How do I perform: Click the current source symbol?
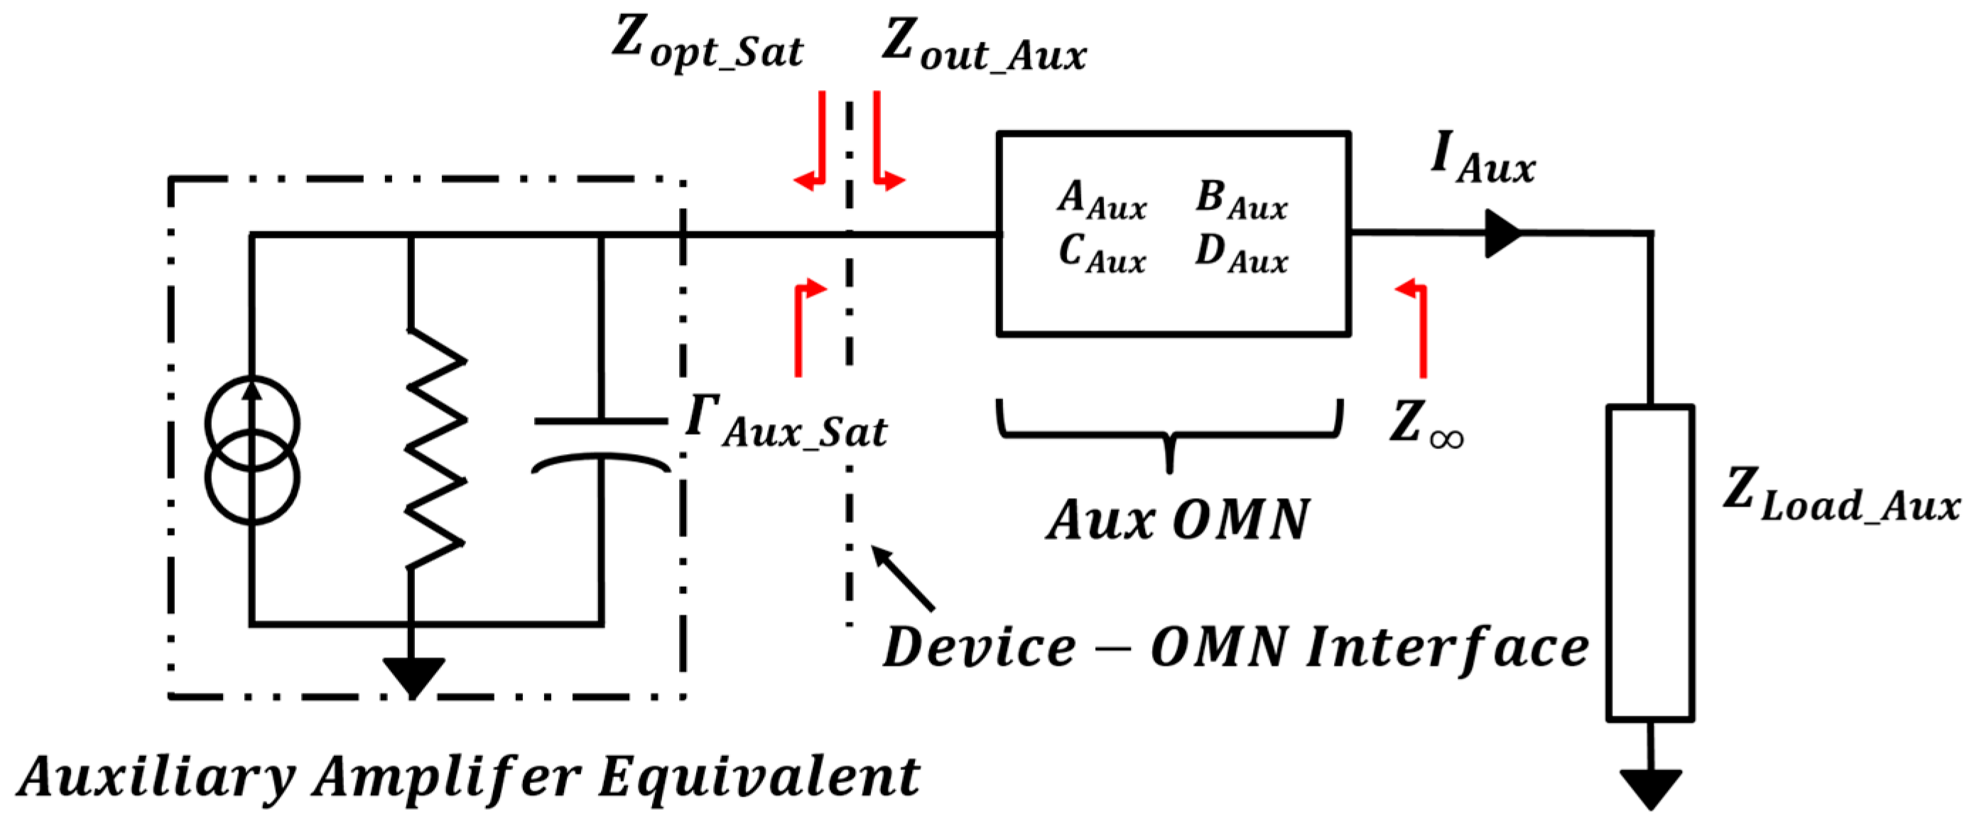(x=252, y=450)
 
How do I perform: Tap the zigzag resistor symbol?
(x=435, y=449)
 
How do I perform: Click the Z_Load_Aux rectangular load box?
(x=1649, y=563)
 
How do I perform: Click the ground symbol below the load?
(x=1650, y=787)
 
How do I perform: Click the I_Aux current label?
(x=1482, y=158)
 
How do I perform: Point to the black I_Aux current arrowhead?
(x=1502, y=233)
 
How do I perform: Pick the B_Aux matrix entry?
(x=1241, y=200)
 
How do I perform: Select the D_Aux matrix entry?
(x=1241, y=254)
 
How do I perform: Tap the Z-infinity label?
(x=1426, y=424)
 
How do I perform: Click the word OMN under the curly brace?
(x=1241, y=520)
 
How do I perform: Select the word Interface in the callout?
(x=1448, y=647)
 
